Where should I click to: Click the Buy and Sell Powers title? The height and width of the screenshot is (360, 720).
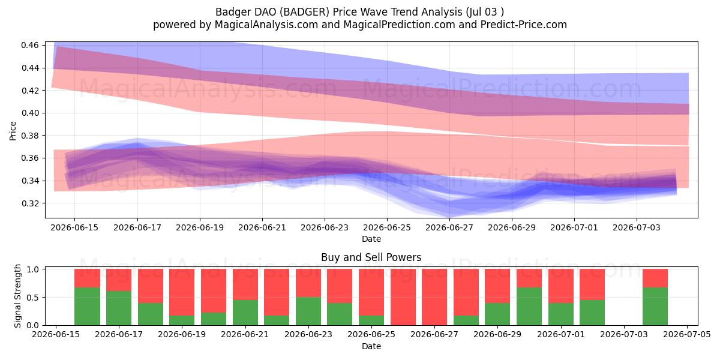click(371, 257)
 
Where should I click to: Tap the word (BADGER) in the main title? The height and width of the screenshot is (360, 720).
click(304, 12)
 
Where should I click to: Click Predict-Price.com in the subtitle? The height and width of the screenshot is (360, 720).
click(524, 25)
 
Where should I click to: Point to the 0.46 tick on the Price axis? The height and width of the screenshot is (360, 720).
click(30, 45)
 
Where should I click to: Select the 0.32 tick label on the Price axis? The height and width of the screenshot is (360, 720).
click(30, 203)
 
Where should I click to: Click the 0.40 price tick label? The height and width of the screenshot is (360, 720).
click(30, 113)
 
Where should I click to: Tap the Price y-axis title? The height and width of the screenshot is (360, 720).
click(13, 131)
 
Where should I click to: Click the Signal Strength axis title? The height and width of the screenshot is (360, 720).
click(17, 296)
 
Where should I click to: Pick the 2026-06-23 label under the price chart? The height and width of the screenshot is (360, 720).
click(325, 227)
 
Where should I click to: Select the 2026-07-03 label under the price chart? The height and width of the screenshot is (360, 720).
click(637, 227)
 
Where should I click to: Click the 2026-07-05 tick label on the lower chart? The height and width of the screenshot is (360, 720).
click(687, 334)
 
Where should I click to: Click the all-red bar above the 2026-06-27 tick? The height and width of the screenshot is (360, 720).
click(434, 297)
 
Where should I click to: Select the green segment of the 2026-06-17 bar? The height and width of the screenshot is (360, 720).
click(119, 308)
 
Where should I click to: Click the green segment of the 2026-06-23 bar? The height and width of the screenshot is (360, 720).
click(308, 311)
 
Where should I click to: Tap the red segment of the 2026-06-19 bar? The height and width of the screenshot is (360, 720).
click(182, 292)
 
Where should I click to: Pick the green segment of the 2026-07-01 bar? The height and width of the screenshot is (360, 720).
click(560, 314)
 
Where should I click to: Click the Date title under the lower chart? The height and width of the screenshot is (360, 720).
click(371, 346)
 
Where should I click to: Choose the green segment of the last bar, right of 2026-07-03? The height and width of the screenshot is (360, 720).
click(655, 307)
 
